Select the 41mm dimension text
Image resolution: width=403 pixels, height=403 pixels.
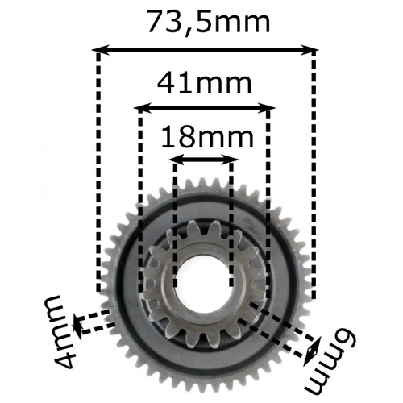click(x=203, y=82)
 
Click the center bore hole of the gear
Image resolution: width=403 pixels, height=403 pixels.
click(x=201, y=283)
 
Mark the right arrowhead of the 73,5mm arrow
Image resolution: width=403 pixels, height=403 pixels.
click(x=313, y=51)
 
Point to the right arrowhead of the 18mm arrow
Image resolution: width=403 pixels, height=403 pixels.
click(x=232, y=159)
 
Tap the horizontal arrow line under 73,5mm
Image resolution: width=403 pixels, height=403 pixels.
click(x=206, y=51)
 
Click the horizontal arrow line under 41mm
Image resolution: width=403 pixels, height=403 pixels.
click(x=203, y=106)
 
